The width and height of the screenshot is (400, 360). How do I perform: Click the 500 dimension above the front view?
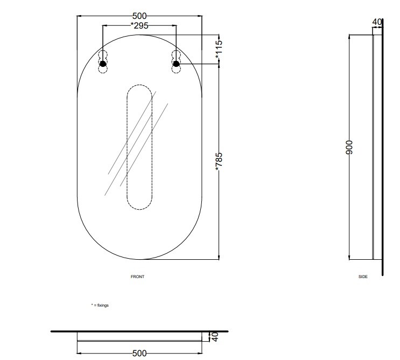point(139,16)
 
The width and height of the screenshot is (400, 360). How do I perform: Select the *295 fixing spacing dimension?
point(139,25)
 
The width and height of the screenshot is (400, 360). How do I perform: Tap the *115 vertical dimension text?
point(219,49)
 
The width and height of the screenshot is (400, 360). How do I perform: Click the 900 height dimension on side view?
point(349,147)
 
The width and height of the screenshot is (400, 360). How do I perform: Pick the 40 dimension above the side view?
point(377,22)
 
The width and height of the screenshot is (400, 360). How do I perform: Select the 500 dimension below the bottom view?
point(139,354)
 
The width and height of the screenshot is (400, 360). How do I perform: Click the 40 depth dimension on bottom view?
point(215,337)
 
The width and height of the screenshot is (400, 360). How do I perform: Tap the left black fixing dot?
point(103,64)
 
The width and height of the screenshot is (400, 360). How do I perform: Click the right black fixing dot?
point(176,64)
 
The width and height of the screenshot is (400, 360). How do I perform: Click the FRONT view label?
point(137,276)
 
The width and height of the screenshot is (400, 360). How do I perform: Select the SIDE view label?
point(363,276)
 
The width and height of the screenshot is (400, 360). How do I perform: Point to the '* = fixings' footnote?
point(100,305)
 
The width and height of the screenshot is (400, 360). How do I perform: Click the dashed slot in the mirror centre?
point(127,147)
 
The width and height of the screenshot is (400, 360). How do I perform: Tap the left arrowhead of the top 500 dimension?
point(79,16)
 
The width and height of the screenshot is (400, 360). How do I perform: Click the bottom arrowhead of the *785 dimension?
point(219,257)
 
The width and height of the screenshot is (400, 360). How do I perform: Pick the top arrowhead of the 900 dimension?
point(349,37)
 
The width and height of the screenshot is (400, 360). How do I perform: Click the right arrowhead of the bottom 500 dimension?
point(200,354)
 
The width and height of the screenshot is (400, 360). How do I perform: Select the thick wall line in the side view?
point(382,147)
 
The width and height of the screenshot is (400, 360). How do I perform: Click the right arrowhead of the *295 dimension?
point(174,25)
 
